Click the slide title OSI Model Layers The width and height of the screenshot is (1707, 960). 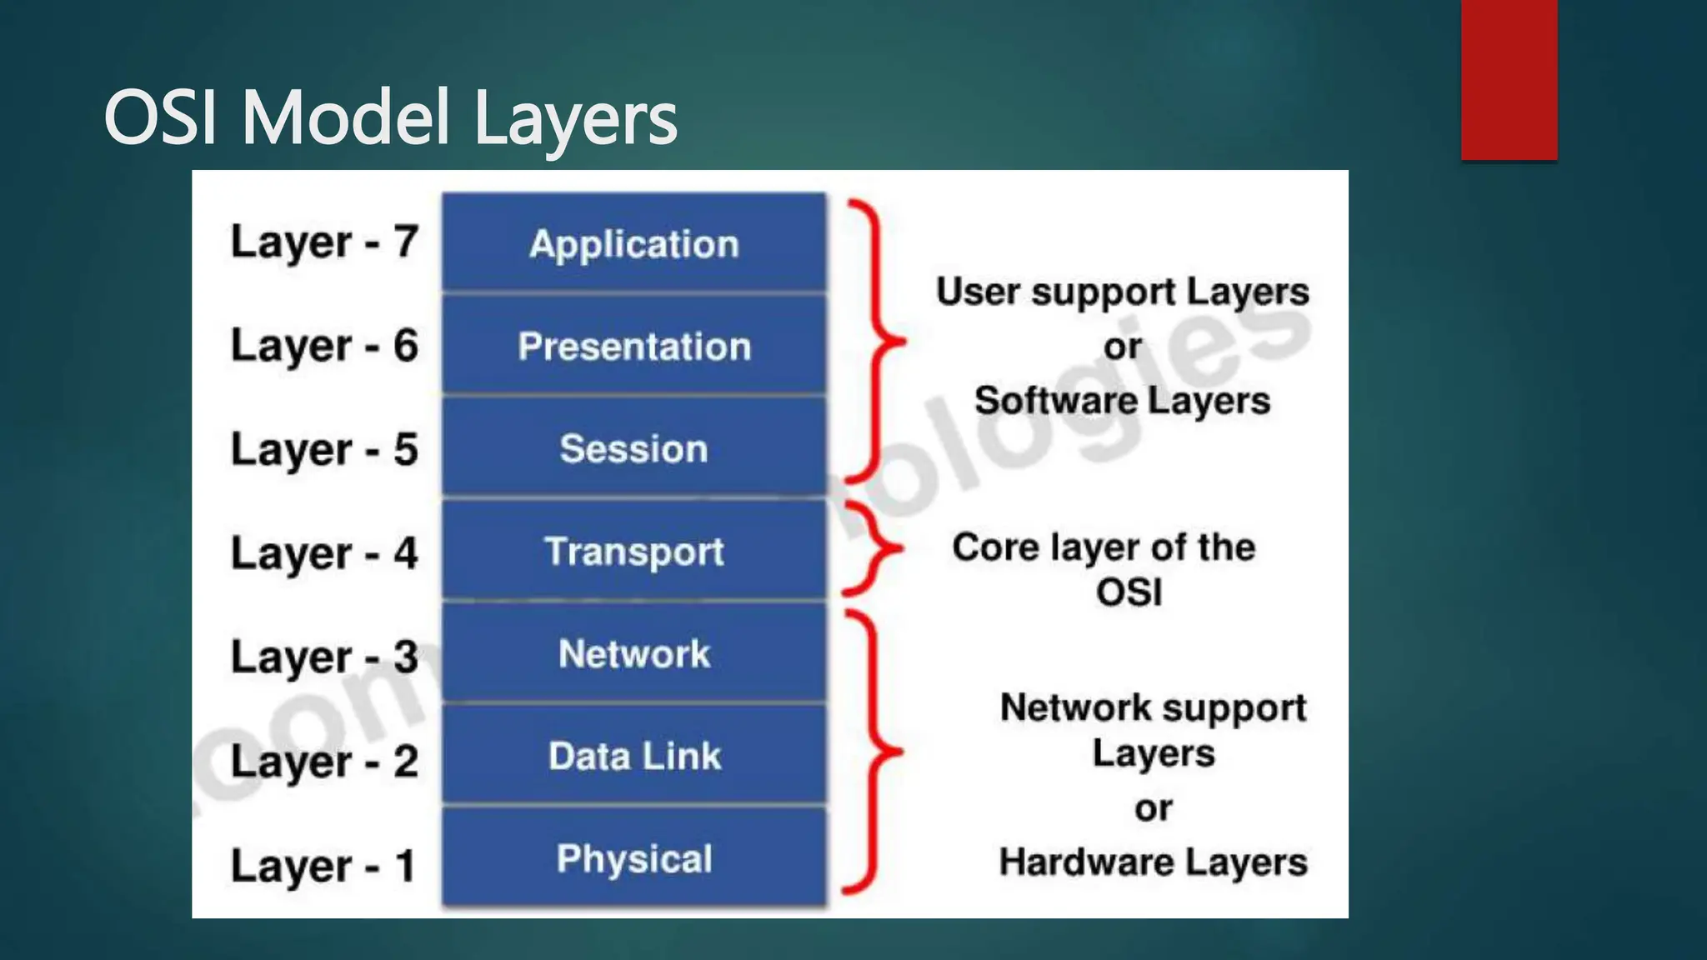(x=390, y=118)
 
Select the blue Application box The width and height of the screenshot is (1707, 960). (x=633, y=243)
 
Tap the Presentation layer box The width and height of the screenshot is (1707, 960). (x=633, y=346)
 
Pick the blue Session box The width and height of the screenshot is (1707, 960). (x=633, y=448)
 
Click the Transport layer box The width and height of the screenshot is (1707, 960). (x=633, y=551)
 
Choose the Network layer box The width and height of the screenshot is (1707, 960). (x=633, y=653)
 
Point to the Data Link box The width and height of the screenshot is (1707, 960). (x=633, y=756)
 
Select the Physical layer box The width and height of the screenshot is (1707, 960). (x=633, y=858)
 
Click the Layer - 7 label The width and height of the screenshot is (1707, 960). (x=323, y=242)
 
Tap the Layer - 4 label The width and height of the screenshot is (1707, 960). (x=323, y=553)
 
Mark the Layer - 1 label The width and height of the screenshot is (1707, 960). (x=323, y=865)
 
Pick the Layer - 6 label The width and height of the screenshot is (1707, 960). (x=323, y=346)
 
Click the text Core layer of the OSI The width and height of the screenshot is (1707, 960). (x=1104, y=569)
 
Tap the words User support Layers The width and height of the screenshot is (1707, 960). (x=1122, y=292)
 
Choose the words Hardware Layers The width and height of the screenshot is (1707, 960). (x=1153, y=862)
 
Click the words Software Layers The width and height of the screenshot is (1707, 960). (x=1122, y=401)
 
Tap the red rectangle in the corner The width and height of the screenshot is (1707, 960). (x=1509, y=79)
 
